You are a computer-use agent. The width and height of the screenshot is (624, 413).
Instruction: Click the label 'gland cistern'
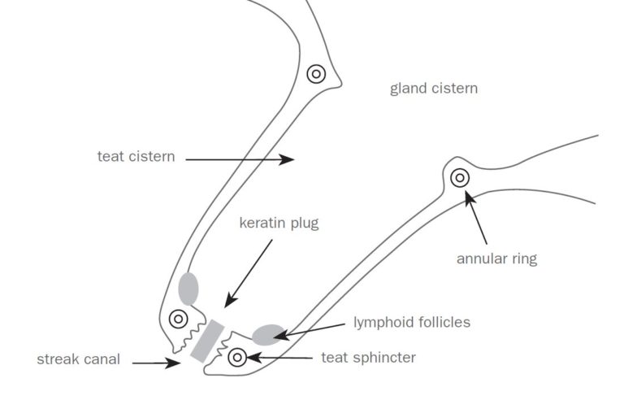click(x=433, y=88)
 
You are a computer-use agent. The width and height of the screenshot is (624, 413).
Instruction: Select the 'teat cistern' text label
click(x=136, y=156)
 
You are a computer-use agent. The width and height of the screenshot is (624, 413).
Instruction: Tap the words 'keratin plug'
click(x=279, y=224)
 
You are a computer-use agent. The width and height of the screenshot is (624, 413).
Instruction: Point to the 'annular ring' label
click(x=496, y=259)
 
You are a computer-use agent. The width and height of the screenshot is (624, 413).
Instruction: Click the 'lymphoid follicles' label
click(x=411, y=322)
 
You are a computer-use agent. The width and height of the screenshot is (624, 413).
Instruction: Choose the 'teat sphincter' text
click(x=368, y=357)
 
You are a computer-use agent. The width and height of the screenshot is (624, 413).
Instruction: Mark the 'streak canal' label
click(x=78, y=359)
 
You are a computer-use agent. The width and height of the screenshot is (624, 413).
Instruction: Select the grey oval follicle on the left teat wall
click(x=188, y=288)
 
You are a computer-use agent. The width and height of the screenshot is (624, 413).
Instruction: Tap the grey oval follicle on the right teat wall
click(x=268, y=333)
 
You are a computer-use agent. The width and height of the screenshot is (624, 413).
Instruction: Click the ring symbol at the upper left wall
click(x=317, y=74)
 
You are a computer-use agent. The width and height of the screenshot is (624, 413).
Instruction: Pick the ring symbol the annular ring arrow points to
click(x=460, y=177)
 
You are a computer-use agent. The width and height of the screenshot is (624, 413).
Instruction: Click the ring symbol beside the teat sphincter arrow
click(x=238, y=356)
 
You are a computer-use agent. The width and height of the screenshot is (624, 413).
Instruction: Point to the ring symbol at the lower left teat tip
click(x=177, y=319)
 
